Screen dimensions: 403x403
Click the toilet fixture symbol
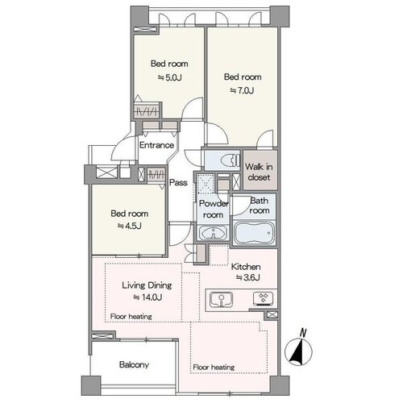[230, 161]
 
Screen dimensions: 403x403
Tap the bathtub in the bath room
[254, 233]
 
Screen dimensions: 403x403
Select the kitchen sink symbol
[221, 299]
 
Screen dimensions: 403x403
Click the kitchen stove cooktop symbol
[264, 299]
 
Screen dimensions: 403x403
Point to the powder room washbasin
[214, 233]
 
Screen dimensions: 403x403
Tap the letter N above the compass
[303, 333]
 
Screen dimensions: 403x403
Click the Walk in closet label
[259, 172]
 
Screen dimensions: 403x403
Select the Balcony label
[134, 364]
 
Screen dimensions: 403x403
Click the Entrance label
[156, 145]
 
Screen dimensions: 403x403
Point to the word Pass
[178, 183]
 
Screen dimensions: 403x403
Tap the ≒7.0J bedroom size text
[242, 90]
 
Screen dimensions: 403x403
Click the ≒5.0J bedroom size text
[170, 78]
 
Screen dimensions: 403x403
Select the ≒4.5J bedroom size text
[130, 226]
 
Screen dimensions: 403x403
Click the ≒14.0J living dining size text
[147, 297]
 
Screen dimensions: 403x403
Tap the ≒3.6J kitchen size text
[248, 277]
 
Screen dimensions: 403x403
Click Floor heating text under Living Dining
[131, 317]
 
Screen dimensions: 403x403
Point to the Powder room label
[214, 209]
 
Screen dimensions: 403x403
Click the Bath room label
[259, 206]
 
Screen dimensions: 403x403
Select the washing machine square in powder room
[206, 184]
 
